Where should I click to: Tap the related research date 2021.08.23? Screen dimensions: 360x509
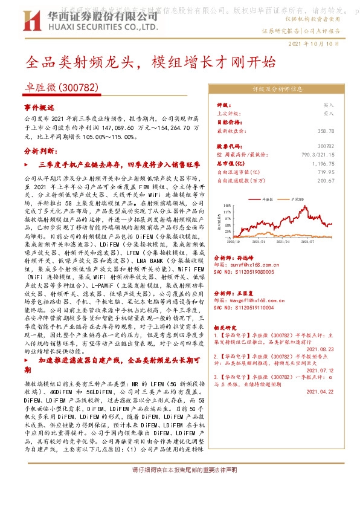pos(320,349)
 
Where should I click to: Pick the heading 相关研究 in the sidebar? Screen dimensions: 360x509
pos(225,328)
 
